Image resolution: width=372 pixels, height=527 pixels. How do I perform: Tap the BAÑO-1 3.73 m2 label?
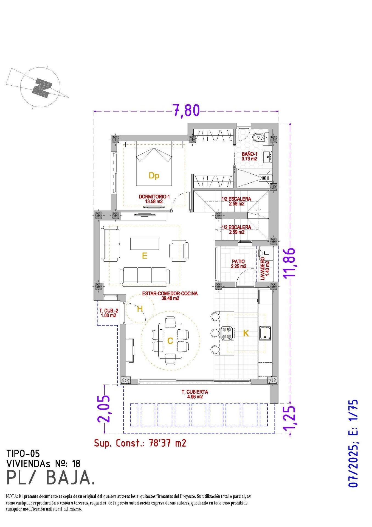(x=249, y=156)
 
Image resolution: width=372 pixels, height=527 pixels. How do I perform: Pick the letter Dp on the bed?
(x=154, y=176)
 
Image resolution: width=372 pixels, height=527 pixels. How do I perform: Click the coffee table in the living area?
(x=145, y=243)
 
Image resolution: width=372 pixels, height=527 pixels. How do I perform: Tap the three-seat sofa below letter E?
(x=145, y=276)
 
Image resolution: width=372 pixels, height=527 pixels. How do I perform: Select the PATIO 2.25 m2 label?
(x=238, y=264)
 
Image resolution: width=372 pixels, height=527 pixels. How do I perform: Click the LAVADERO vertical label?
(x=265, y=269)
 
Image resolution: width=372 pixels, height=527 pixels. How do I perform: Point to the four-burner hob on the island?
(x=227, y=333)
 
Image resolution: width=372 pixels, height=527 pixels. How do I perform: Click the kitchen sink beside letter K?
(x=265, y=333)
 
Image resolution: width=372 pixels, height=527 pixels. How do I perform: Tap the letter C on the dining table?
(x=170, y=341)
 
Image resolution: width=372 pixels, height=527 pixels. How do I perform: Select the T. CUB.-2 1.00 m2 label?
(x=109, y=313)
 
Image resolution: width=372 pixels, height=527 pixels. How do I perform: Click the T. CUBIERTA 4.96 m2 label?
(x=195, y=394)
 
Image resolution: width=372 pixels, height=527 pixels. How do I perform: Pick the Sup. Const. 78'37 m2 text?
(x=140, y=443)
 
